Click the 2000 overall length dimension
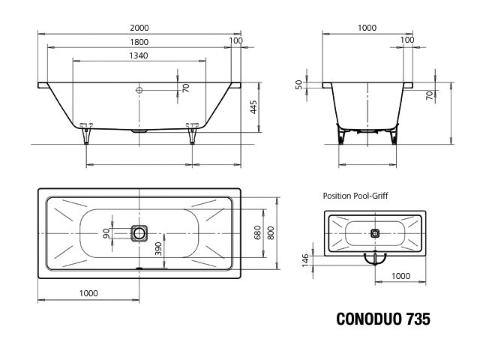139,28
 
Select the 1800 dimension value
139,42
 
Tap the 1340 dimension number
139,55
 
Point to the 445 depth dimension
253,107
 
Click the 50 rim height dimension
298,85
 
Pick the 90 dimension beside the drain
106,233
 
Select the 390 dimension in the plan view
158,249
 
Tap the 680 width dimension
257,232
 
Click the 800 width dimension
271,232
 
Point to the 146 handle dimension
305,260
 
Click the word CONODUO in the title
369,319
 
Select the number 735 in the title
418,319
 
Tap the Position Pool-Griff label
355,196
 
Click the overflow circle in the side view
139,90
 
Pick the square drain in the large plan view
139,233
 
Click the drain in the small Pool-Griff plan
375,233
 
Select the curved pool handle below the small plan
375,259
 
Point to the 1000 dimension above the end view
367,28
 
